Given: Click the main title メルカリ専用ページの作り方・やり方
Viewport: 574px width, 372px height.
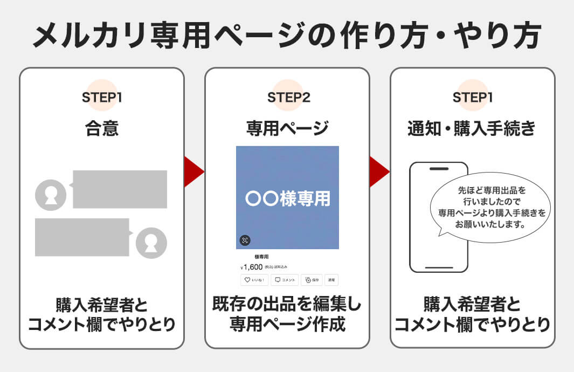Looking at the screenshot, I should (x=287, y=37).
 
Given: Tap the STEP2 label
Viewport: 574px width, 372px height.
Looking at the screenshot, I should (x=288, y=98).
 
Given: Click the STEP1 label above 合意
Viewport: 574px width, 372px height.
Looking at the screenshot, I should (x=102, y=98).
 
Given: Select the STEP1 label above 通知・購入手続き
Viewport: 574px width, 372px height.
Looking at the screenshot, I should (x=473, y=98).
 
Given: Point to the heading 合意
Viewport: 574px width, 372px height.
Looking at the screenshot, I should (x=102, y=128).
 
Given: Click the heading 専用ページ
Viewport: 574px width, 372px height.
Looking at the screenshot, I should (x=287, y=128).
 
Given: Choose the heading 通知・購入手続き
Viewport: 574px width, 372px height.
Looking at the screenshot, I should (x=472, y=128).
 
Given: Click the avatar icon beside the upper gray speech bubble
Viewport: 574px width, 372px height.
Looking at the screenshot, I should (x=51, y=195).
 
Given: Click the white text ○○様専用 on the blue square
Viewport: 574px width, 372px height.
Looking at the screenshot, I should (x=287, y=198).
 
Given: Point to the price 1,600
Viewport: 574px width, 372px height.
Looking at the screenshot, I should (x=253, y=267).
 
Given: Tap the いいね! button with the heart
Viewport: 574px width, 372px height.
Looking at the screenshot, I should (x=254, y=280).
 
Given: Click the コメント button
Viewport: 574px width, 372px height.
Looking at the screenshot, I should (x=284, y=280).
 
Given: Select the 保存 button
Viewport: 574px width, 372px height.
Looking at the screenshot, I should (x=312, y=280).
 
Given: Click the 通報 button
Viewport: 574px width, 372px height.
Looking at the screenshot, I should (x=331, y=280).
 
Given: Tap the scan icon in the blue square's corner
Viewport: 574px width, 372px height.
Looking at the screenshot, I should (x=245, y=240).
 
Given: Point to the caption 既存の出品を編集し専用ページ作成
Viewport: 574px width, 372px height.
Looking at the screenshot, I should (x=287, y=315).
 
